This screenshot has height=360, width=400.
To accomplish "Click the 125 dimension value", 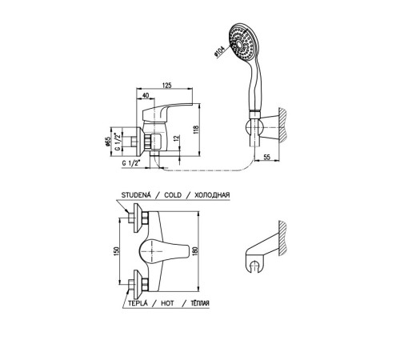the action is point(166,86).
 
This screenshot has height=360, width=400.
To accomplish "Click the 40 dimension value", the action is point(146,95).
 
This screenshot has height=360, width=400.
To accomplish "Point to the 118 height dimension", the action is point(196,130).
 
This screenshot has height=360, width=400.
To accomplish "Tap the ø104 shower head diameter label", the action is point(220,51).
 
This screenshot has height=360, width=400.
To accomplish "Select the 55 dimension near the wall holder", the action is point(266,157).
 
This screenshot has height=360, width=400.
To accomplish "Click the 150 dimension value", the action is point(117,250).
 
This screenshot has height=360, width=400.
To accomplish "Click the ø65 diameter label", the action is point(108,142).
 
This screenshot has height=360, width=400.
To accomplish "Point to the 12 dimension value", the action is point(176,138).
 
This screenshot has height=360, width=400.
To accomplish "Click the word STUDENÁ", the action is point(136,195).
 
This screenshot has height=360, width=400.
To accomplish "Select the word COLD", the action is point(173,195).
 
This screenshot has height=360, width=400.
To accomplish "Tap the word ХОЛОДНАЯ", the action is point(212,195).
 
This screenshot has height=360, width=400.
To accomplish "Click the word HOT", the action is point(167,303).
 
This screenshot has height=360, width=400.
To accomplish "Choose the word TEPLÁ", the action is point(138,303).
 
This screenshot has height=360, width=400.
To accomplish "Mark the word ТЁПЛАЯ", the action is point(200,303).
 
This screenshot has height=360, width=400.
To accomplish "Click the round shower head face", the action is point(242,44).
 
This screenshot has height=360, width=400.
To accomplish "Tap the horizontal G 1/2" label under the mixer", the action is point(131,163).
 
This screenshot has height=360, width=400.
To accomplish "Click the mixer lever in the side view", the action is point(166,110).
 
